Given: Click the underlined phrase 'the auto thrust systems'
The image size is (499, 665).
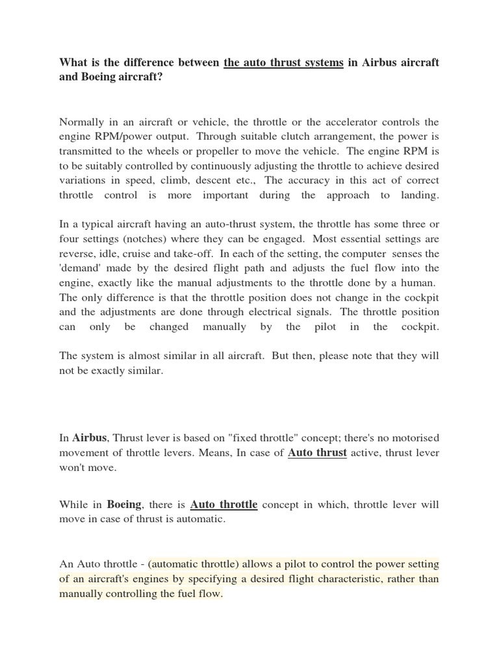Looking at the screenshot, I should [x=283, y=63].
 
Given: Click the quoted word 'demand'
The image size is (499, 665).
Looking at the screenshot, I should [x=82, y=268].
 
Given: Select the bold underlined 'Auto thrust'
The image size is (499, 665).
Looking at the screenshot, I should [x=317, y=453].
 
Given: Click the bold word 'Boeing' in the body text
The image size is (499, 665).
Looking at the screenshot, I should [x=123, y=505].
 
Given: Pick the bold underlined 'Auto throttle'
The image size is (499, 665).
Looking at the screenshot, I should [x=224, y=505].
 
